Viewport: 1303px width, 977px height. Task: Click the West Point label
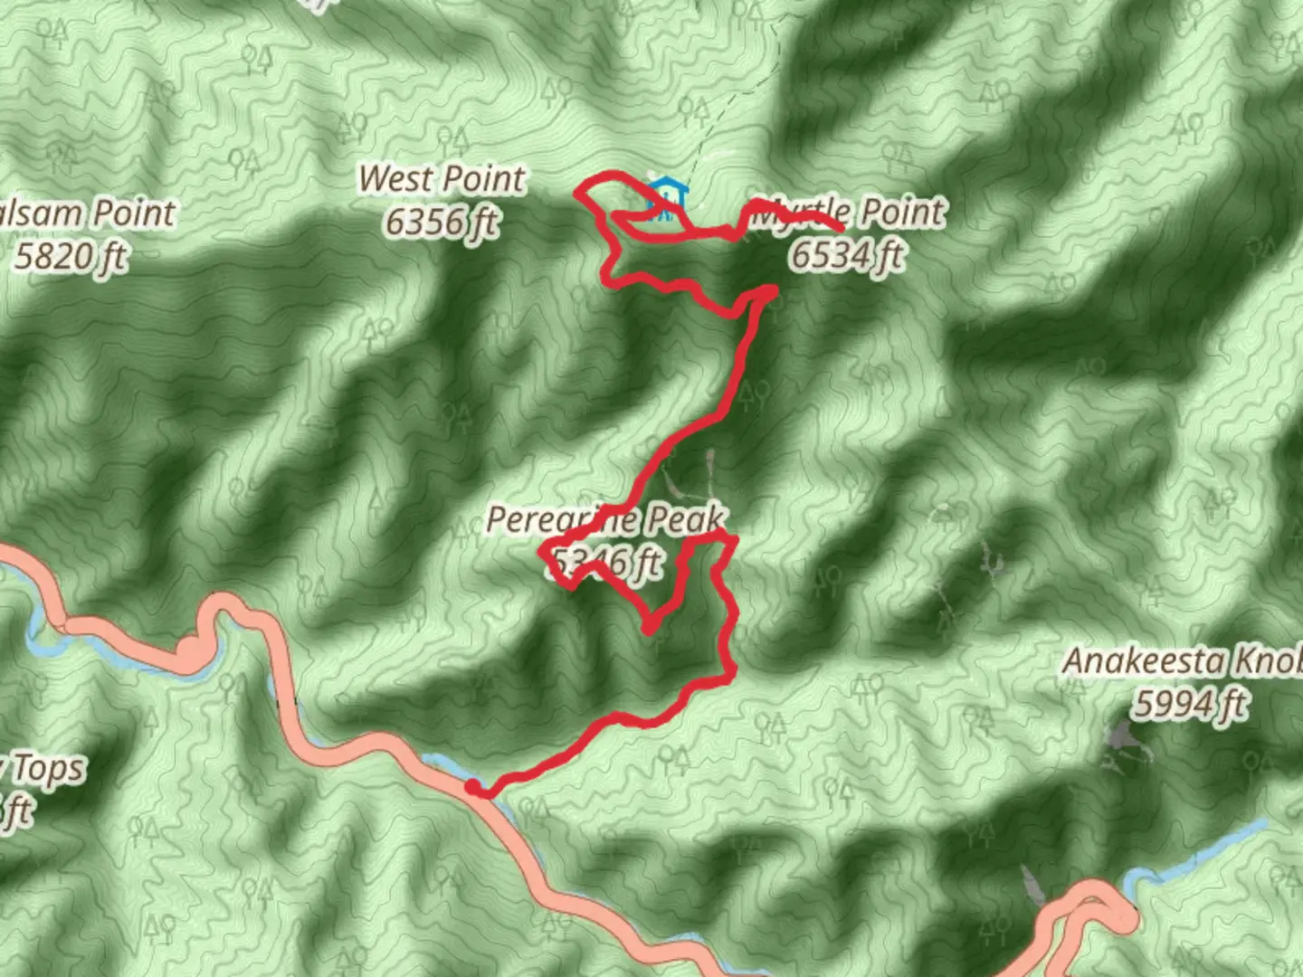click(442, 179)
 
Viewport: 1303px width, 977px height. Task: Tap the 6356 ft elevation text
click(442, 222)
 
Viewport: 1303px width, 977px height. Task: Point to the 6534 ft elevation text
click(847, 255)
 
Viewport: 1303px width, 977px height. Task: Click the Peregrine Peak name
click(605, 520)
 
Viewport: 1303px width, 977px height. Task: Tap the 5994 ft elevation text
click(1191, 704)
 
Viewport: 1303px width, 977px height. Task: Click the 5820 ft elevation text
click(71, 257)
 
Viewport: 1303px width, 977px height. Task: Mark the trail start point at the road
click(475, 790)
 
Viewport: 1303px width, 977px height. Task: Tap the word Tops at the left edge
click(50, 770)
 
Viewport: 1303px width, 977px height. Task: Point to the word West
click(395, 179)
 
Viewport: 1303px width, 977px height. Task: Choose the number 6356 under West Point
click(418, 222)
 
